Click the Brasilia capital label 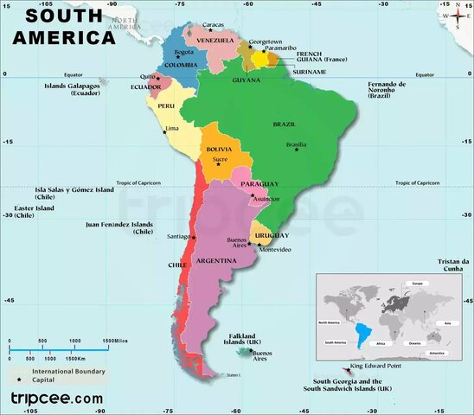pyautogui.click(x=296, y=144)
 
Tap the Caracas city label pyautogui.click(x=212, y=24)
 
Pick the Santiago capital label pyautogui.click(x=178, y=236)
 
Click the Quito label pyautogui.click(x=147, y=76)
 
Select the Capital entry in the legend pyautogui.click(x=44, y=380)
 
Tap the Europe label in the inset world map pyautogui.click(x=416, y=284)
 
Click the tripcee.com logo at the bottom pyautogui.click(x=55, y=399)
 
